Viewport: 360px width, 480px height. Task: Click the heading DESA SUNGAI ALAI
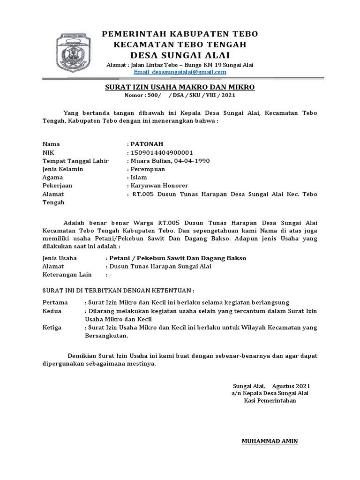(x=180, y=55)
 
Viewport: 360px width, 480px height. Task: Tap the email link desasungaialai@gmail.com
(x=180, y=72)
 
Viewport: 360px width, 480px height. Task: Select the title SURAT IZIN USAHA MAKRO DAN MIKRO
(x=180, y=87)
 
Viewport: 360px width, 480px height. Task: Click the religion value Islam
(x=139, y=178)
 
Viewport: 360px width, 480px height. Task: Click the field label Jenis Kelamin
(x=63, y=169)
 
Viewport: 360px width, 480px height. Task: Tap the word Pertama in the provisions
(x=55, y=302)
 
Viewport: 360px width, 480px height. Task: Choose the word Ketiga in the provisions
(x=52, y=328)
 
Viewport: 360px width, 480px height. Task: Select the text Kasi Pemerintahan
(x=270, y=401)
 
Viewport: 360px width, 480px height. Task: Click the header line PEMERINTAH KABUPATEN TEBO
(x=180, y=34)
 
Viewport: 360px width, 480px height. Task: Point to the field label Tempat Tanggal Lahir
(x=75, y=161)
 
